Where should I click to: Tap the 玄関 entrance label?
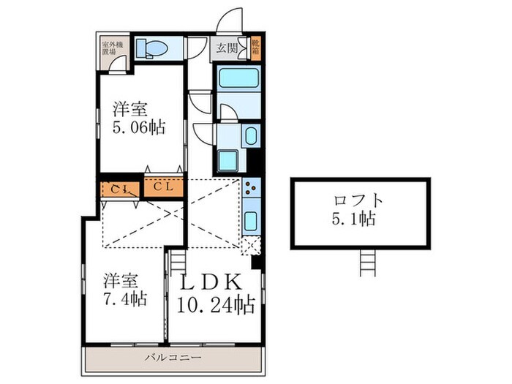click(x=227, y=50)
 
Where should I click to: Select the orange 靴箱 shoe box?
click(x=255, y=49)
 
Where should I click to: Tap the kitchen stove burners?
click(x=252, y=189)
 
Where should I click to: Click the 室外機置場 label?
click(x=113, y=49)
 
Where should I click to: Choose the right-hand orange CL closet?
click(x=163, y=187)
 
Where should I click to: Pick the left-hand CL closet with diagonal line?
click(x=121, y=188)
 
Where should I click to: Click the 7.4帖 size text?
click(x=124, y=299)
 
